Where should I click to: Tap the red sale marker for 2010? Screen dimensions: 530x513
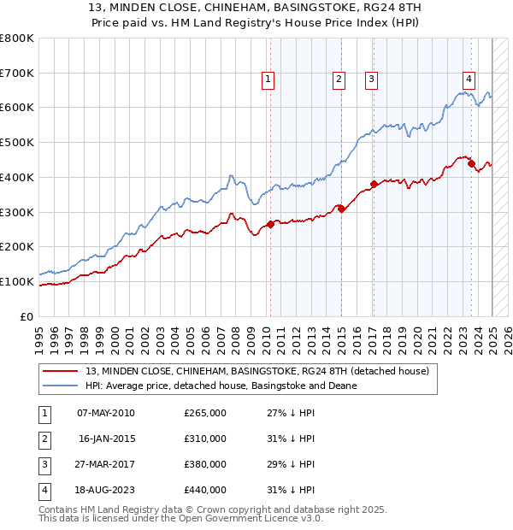270,224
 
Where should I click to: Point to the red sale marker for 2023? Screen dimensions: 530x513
471,163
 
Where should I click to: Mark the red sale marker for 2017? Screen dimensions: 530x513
374,184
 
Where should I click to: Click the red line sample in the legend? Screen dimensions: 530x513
62,370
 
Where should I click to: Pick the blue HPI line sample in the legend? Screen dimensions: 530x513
62,386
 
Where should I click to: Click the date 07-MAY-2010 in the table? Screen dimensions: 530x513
105,413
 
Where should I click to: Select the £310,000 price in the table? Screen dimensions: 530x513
205,439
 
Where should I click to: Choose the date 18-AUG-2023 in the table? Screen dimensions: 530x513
105,490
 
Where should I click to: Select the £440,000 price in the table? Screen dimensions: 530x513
205,490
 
